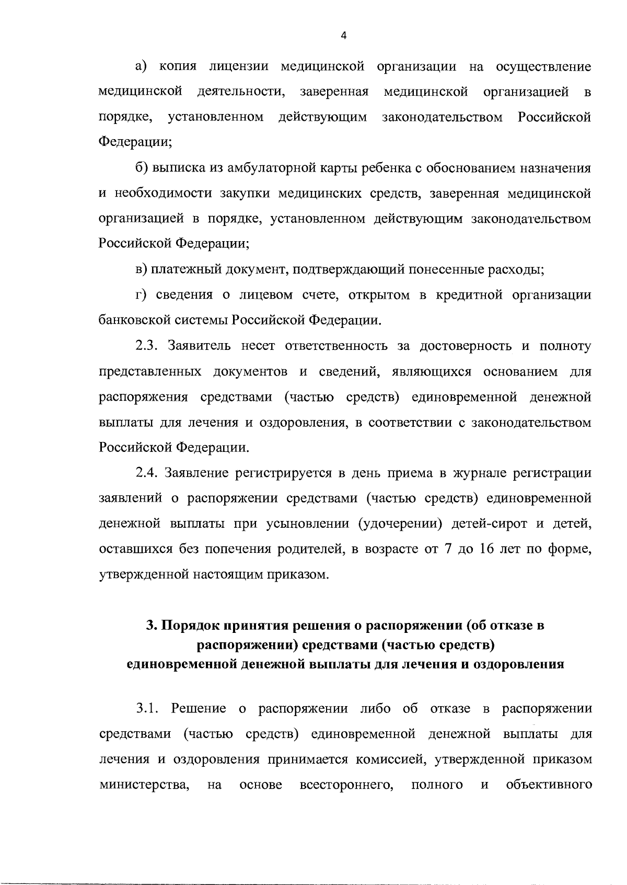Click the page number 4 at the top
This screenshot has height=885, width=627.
[343, 36]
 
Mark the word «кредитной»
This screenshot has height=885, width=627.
[465, 296]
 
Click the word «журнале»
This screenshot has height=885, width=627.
[480, 473]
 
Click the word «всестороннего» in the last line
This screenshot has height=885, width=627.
[346, 786]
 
